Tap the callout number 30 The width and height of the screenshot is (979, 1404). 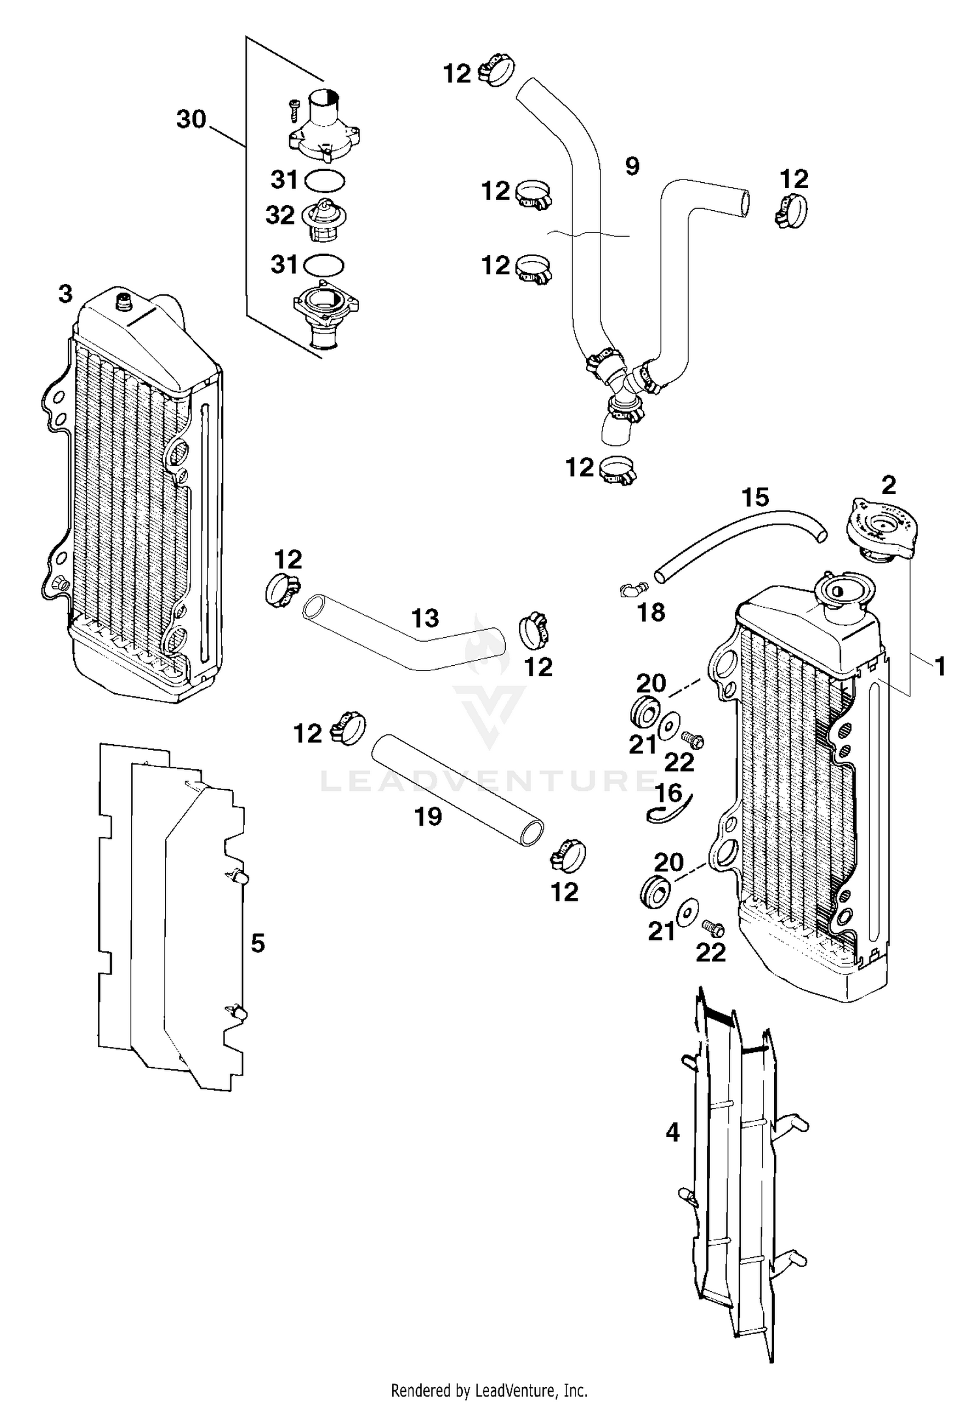point(191,119)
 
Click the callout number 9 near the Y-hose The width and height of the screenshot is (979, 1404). point(632,166)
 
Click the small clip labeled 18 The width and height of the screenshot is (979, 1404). point(631,589)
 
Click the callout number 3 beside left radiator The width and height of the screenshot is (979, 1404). point(65,294)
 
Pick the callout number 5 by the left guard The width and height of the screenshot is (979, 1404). point(258,943)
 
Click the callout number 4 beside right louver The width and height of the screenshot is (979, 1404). point(672,1132)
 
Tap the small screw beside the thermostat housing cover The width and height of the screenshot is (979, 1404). point(293,107)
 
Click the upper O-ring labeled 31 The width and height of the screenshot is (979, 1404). point(324,180)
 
